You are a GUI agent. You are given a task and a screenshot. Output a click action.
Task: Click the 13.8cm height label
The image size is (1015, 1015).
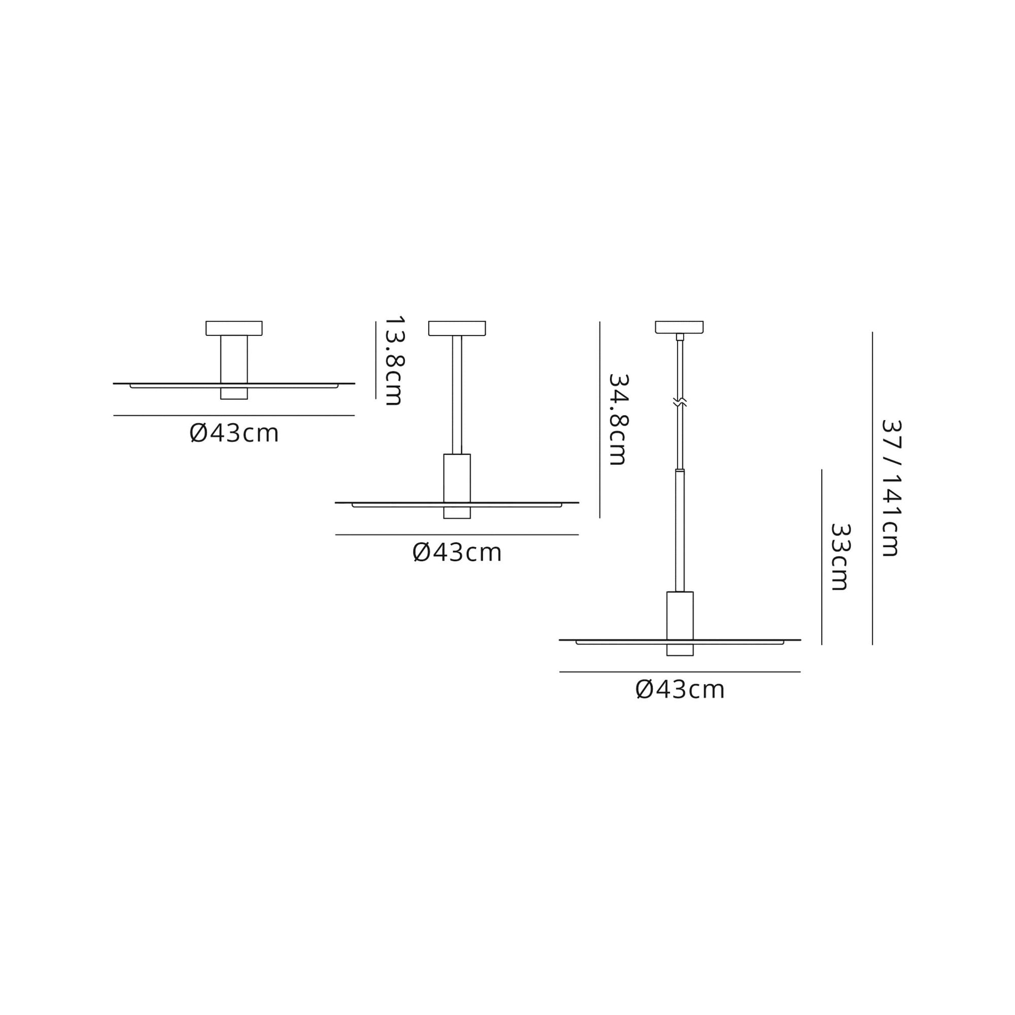tap(393, 360)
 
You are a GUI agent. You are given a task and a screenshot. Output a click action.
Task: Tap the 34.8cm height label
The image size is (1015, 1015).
tap(618, 419)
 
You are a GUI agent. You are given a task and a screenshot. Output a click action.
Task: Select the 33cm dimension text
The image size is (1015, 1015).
tap(839, 557)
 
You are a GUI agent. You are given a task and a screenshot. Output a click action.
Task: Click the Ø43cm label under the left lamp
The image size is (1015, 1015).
tap(234, 433)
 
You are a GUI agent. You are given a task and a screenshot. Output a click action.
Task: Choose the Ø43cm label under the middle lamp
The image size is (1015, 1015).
tap(457, 553)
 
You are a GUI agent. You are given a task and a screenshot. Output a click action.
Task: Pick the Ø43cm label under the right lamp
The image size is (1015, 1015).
tap(680, 690)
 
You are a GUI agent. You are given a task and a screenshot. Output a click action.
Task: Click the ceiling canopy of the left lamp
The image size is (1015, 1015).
tap(234, 328)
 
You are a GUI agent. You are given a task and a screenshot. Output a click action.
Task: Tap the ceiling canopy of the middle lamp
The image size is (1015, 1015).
tap(457, 328)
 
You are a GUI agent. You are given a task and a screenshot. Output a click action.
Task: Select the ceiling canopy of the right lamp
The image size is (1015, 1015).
tap(680, 327)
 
